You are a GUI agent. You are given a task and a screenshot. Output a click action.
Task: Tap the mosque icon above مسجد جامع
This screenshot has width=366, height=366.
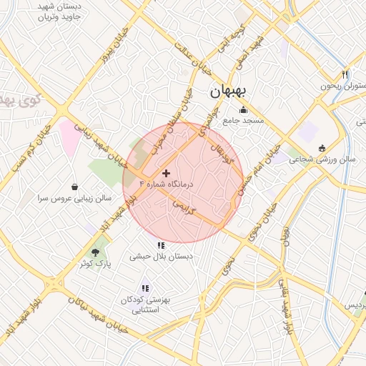(243, 109)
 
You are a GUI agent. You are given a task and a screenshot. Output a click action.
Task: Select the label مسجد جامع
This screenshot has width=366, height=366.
(243, 120)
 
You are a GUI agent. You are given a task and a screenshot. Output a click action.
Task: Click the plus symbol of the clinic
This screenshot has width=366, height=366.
(167, 173)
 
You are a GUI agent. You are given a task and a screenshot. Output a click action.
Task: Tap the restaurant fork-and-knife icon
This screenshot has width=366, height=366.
(345, 74)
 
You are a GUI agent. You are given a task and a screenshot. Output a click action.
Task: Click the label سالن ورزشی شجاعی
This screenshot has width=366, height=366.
(322, 160)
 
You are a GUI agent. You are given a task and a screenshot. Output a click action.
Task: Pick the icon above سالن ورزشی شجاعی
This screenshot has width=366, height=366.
(321, 149)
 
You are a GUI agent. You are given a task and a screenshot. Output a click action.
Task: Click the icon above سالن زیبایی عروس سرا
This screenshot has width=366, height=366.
(75, 185)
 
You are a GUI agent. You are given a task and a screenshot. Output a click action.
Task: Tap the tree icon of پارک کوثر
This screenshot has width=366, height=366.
(96, 252)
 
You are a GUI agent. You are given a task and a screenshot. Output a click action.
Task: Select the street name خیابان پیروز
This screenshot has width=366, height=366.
(114, 44)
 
